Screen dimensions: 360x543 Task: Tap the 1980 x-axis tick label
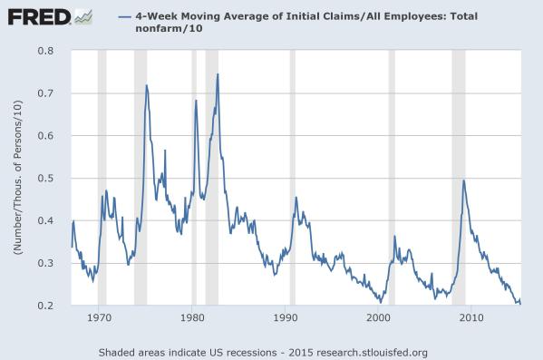tap(192, 319)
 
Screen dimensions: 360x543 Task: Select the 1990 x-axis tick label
tap(286, 319)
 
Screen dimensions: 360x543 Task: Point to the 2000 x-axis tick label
tap(378, 319)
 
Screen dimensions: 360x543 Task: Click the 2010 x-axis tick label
tap(471, 319)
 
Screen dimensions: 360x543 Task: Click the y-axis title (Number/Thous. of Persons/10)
tap(18, 179)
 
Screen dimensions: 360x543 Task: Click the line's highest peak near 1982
tap(218, 74)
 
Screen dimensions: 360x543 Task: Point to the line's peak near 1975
tap(147, 85)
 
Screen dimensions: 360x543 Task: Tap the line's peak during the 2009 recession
tap(464, 180)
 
